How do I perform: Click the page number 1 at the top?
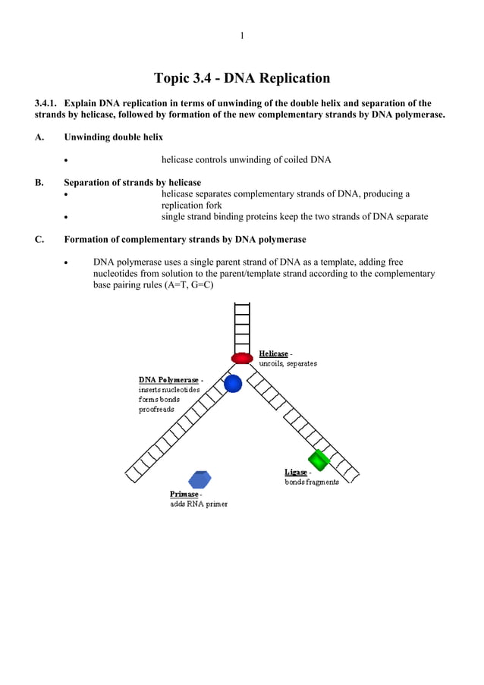(x=242, y=36)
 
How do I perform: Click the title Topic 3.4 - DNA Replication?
(x=242, y=78)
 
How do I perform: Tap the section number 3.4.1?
(x=46, y=104)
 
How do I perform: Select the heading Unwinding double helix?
(x=113, y=137)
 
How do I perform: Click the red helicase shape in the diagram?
(x=242, y=358)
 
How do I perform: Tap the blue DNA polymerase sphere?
(x=233, y=383)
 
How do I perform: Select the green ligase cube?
(x=317, y=459)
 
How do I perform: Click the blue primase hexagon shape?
(x=200, y=479)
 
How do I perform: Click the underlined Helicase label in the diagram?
(x=274, y=353)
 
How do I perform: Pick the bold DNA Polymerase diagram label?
(x=168, y=379)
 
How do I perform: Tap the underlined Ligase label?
(x=296, y=473)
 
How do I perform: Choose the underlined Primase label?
(x=184, y=494)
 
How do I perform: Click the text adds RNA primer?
(x=198, y=504)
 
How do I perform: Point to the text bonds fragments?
(x=312, y=482)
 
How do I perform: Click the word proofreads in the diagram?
(x=156, y=410)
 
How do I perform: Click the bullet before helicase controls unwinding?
(x=67, y=161)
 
